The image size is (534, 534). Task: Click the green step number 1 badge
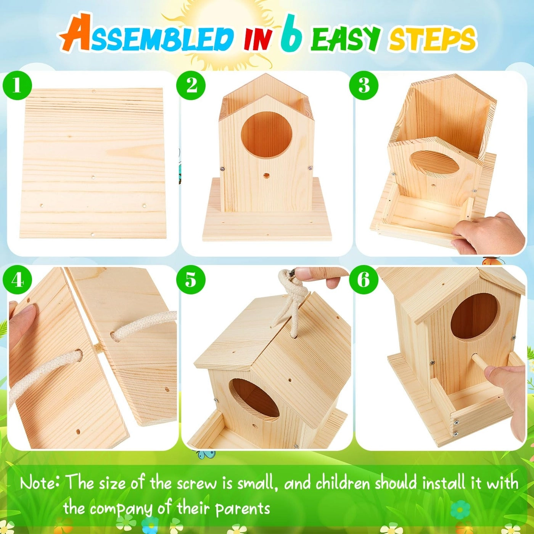(x=17, y=85)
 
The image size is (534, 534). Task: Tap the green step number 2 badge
(x=191, y=85)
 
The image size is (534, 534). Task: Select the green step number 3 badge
(x=364, y=85)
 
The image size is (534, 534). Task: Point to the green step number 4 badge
(x=17, y=280)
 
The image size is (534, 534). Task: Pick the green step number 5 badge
(x=191, y=280)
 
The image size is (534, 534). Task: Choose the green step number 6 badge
(x=364, y=280)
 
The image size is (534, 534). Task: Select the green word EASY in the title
(x=345, y=38)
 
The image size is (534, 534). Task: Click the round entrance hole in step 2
(x=267, y=135)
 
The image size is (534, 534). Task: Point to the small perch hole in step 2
(x=266, y=175)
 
